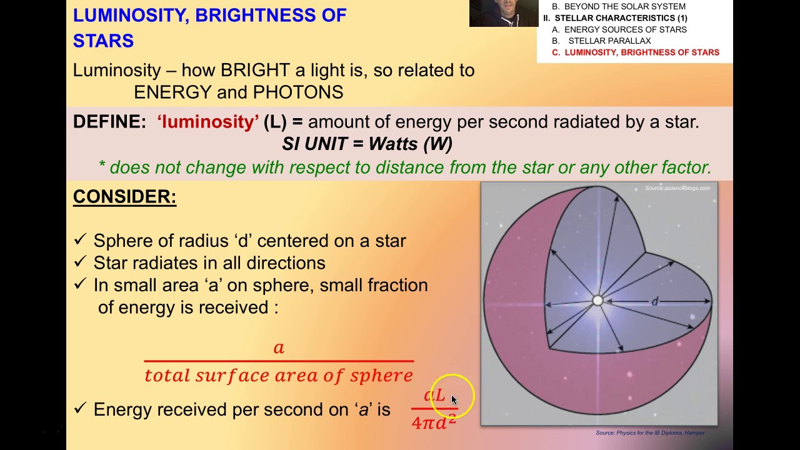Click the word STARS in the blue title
pos(103,41)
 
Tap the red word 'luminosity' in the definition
pos(207,122)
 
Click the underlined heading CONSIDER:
pos(124,197)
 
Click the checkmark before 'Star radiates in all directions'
pos(80,262)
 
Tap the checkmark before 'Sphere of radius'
pos(80,241)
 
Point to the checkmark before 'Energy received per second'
pos(80,409)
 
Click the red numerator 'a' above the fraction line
pos(279,347)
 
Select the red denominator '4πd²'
pos(434,422)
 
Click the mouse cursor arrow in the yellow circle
pos(454,400)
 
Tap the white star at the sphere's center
pos(597,301)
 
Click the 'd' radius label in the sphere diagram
pos(654,302)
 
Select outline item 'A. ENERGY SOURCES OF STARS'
pos(619,29)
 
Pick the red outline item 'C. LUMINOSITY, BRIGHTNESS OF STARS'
pos(635,52)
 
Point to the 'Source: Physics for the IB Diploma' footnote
pos(649,432)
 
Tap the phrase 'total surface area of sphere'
pos(279,376)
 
